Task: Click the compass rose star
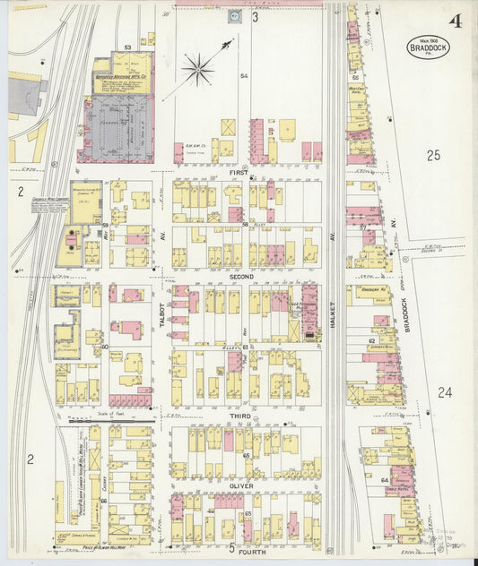[197, 68]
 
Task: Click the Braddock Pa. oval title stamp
[429, 47]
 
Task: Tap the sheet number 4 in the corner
[456, 21]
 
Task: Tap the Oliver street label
[243, 486]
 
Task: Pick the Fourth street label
[244, 547]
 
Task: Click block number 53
[127, 47]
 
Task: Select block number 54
[243, 77]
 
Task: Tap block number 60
[104, 346]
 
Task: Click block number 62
[371, 340]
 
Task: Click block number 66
[104, 501]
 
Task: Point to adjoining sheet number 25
[433, 156]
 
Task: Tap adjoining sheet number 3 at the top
[255, 16]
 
